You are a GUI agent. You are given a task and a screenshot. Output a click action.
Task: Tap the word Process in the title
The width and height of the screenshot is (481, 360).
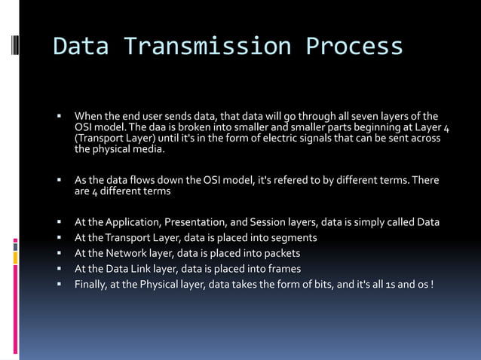tap(354, 47)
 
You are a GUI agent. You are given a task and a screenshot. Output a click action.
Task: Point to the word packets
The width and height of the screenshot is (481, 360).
tap(278, 253)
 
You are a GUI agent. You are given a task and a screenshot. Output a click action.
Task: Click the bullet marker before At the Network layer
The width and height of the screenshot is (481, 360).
tap(57, 254)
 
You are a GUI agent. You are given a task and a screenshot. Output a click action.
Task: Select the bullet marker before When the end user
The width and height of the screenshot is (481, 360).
tap(57, 117)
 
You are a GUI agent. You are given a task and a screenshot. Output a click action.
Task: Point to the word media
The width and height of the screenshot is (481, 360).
tap(147, 150)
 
